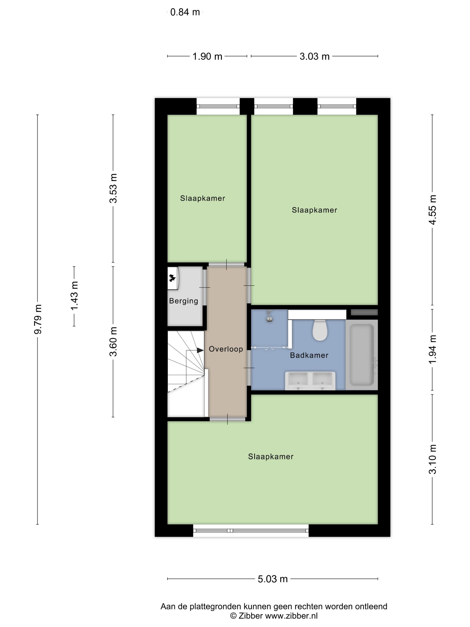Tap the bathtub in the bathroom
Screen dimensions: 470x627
pos(361,355)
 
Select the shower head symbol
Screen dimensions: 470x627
pos(269,316)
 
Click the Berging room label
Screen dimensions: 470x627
pos(184,301)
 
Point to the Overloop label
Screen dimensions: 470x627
pos(226,349)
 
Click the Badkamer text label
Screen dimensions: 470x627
pos(309,355)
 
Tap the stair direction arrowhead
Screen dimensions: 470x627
pos(200,350)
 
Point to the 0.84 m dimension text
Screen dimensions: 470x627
pos(185,12)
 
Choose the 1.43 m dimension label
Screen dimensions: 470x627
pos(74,296)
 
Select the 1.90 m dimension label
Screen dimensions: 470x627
pos(207,56)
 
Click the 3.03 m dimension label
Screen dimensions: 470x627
pos(314,56)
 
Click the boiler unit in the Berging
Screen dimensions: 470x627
pos(173,278)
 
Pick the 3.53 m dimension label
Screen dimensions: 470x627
pos(113,188)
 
